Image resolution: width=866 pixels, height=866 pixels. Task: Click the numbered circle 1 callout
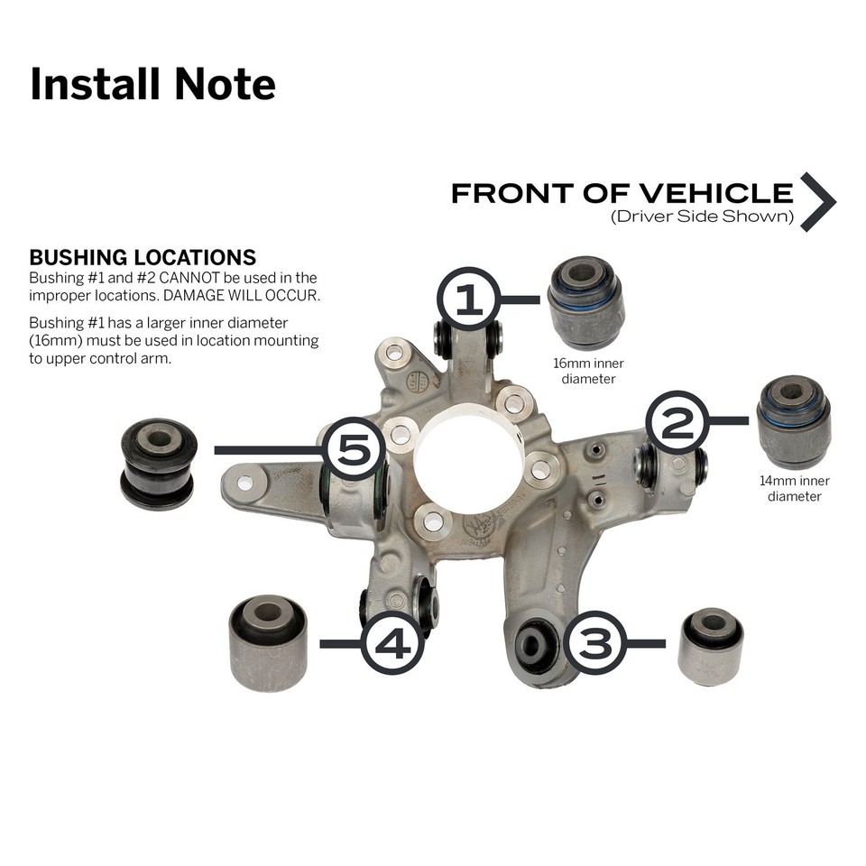coord(468,300)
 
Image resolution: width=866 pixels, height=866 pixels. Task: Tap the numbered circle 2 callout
coord(677,421)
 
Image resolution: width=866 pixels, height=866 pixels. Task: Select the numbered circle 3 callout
coord(594,643)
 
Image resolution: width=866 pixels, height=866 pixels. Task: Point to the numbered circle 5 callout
coord(355,448)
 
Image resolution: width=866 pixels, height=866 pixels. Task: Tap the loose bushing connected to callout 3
coord(711,646)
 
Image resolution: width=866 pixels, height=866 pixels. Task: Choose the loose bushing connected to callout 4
coord(268,641)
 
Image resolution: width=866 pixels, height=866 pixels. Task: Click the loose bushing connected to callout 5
coord(158,463)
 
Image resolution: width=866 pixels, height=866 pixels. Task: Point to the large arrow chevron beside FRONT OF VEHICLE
coord(817,201)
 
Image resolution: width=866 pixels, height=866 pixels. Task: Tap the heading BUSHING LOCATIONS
coord(143,258)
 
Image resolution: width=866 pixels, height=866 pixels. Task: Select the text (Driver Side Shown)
coord(702,217)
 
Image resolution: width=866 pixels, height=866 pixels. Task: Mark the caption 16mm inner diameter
coord(588,371)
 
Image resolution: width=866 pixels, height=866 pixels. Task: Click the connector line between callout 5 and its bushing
coord(268,449)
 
